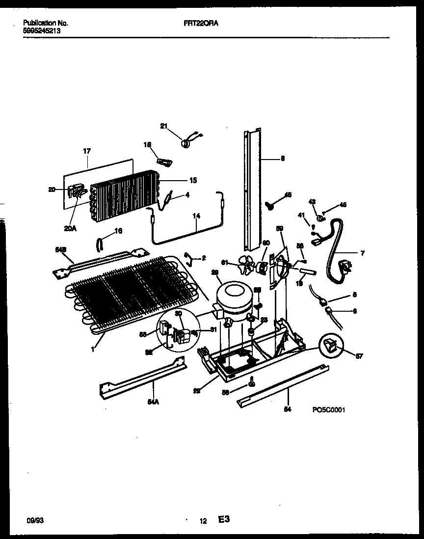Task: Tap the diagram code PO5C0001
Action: click(328, 410)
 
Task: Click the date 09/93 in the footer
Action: click(33, 519)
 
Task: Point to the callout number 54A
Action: click(153, 402)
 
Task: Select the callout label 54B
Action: click(60, 250)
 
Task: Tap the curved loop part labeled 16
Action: click(100, 243)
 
